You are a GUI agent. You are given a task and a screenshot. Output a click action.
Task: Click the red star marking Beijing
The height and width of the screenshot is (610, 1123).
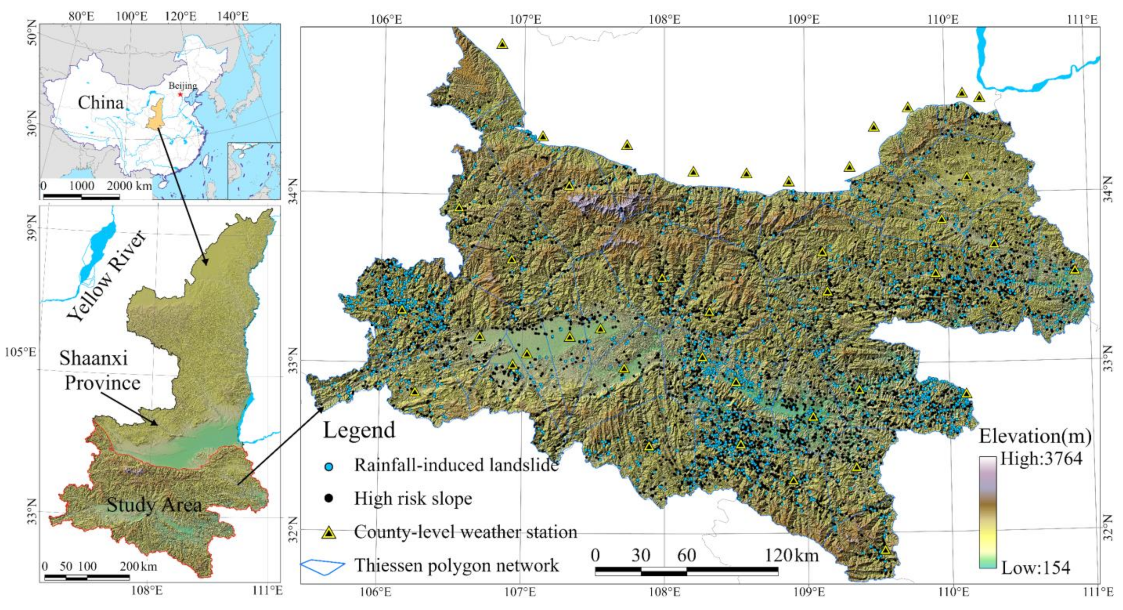pyautogui.click(x=180, y=94)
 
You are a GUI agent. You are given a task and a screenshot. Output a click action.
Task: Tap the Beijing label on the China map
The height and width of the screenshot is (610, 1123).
pyautogui.click(x=183, y=86)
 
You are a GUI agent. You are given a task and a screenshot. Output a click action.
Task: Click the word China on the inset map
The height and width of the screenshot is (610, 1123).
pyautogui.click(x=101, y=103)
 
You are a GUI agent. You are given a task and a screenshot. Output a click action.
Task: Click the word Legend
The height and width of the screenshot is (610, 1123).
pyautogui.click(x=359, y=430)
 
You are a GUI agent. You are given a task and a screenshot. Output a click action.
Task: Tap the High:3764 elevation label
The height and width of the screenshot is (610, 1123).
pyautogui.click(x=1041, y=459)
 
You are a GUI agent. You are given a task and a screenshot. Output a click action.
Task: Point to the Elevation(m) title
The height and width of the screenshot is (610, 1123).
pyautogui.click(x=1035, y=436)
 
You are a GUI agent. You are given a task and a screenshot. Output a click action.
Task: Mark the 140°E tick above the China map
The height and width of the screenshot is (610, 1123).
pyautogui.click(x=233, y=16)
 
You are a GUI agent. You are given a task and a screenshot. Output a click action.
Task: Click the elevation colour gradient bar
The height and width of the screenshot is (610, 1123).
pyautogui.click(x=988, y=512)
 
